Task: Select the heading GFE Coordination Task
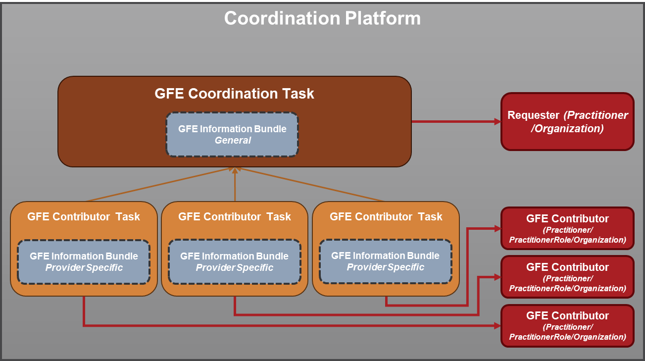pos(234,94)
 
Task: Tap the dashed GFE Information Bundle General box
pos(232,134)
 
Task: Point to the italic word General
pos(233,140)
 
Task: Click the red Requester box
pos(567,121)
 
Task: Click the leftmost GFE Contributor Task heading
pos(84,216)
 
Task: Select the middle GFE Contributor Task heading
pos(234,216)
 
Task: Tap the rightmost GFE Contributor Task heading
pos(386,216)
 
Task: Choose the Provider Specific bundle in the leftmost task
pos(84,262)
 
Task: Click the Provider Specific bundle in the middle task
pos(234,262)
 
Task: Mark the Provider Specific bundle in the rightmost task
pos(385,261)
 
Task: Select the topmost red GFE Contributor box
pos(567,228)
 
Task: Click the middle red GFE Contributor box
pos(567,277)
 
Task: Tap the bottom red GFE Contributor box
pos(567,325)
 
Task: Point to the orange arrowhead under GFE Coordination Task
pos(235,170)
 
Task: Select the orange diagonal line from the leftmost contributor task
pos(158,185)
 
